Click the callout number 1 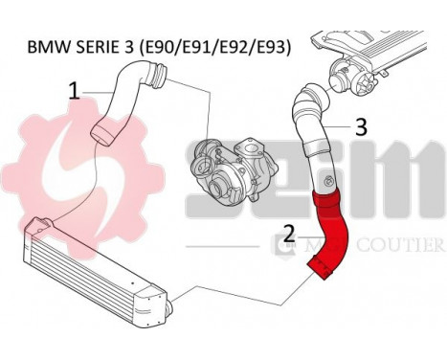[73, 92]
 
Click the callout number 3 [361, 125]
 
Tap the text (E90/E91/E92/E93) [215, 45]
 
